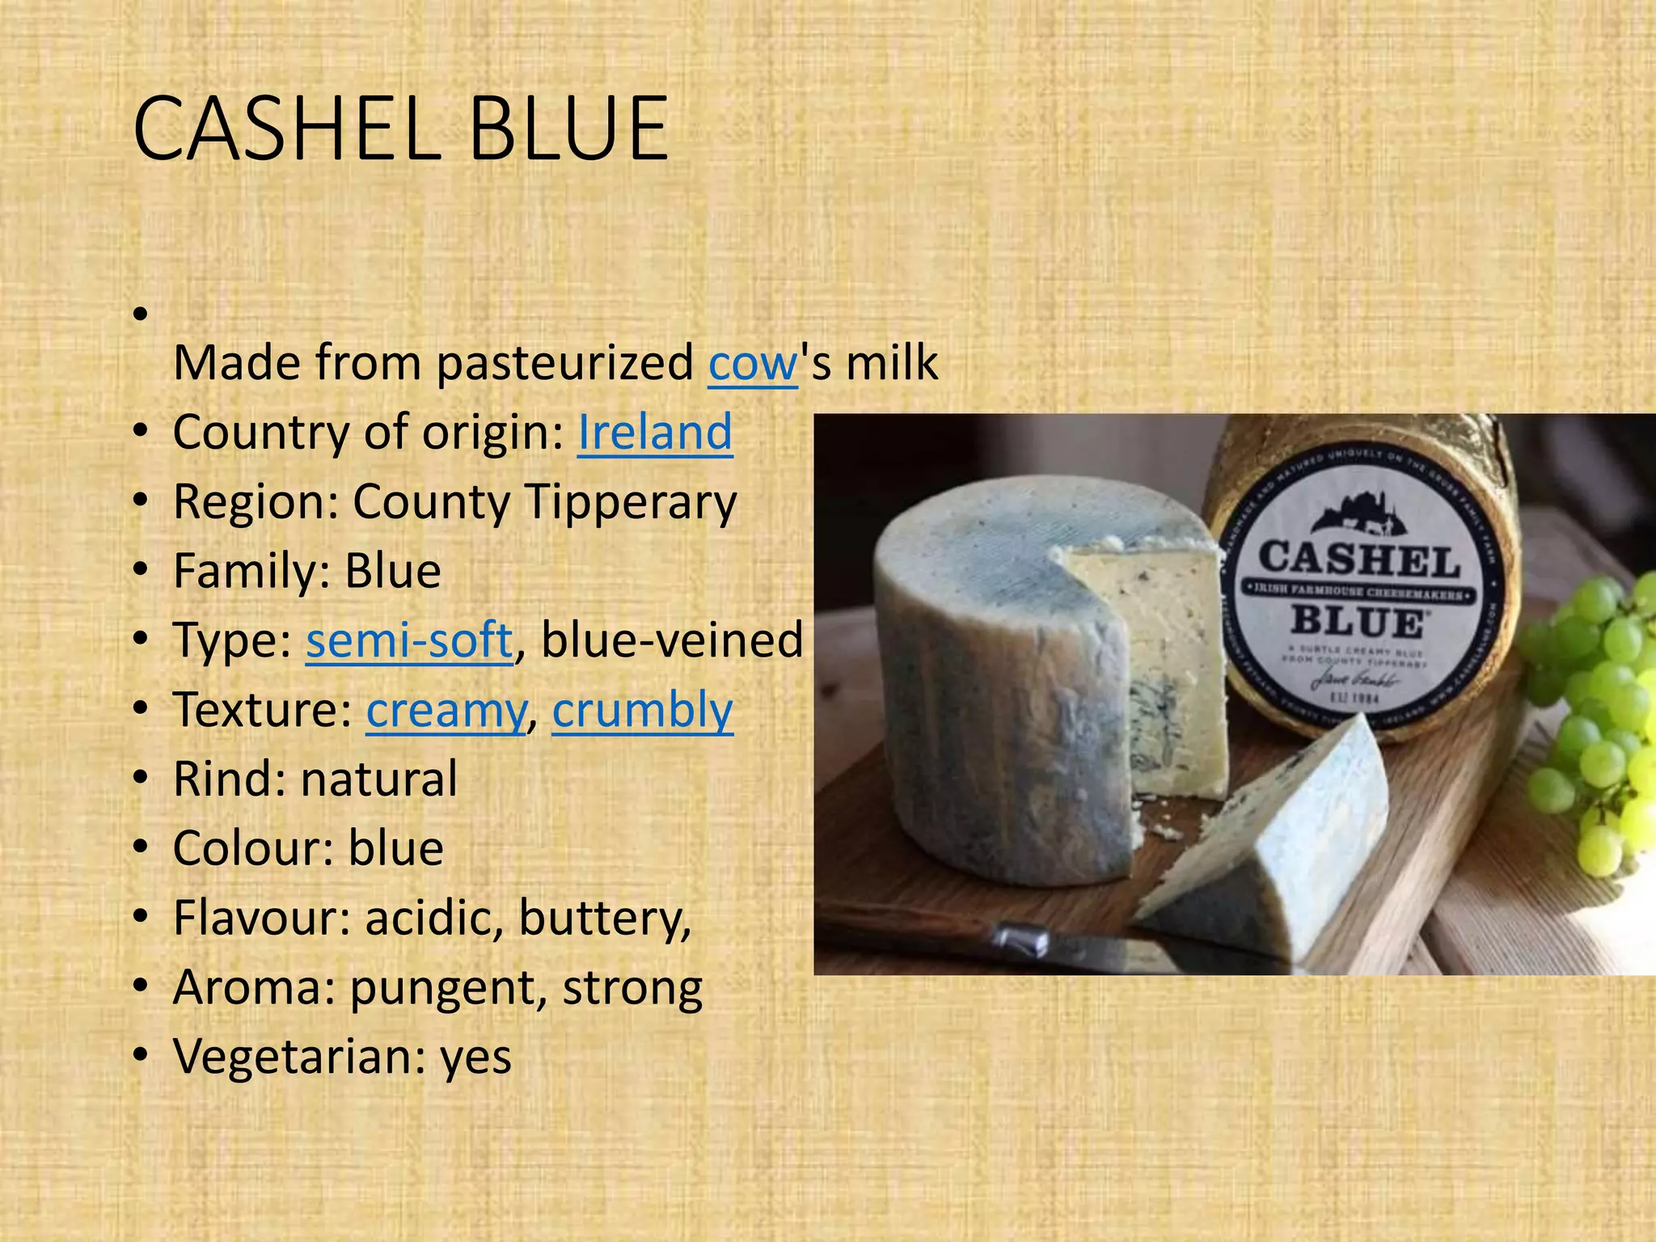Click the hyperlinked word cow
[x=753, y=363]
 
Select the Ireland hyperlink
[x=654, y=432]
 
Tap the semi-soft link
[x=409, y=640]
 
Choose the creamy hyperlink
[x=446, y=710]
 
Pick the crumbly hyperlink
[x=643, y=710]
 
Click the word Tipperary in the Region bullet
[x=631, y=502]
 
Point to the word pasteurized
[x=564, y=363]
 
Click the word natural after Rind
[x=379, y=779]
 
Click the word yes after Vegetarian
[x=475, y=1057]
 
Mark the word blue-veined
[x=671, y=640]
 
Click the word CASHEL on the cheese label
[x=1359, y=560]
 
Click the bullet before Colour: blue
[x=142, y=848]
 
